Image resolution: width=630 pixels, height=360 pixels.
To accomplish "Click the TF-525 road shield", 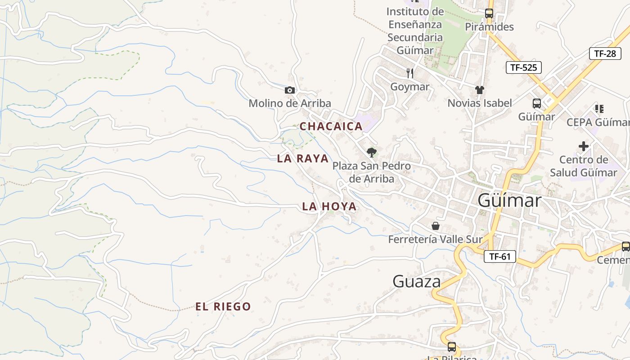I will (523, 68).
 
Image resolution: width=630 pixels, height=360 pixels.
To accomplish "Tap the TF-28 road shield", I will (605, 54).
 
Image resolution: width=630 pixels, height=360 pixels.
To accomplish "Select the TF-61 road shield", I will (499, 256).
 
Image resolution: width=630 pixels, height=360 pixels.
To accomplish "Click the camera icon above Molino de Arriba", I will (290, 90).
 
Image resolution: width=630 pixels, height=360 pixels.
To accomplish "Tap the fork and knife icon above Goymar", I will (409, 73).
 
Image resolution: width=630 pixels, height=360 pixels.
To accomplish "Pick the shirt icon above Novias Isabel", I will (480, 90).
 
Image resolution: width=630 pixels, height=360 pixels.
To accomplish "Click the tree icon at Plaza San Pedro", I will (371, 153).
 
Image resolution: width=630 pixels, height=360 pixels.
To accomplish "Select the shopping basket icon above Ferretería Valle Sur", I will (435, 226).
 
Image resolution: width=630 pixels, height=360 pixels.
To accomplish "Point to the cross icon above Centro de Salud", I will (584, 146).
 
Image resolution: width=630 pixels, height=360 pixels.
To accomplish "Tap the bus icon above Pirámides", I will (489, 13).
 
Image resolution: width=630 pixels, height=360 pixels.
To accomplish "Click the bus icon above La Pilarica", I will (452, 347).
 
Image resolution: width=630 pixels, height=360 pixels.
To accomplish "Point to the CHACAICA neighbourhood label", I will (331, 126).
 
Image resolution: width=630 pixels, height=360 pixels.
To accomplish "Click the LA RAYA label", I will (303, 158).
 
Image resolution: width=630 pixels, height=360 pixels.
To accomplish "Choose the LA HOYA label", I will (329, 207).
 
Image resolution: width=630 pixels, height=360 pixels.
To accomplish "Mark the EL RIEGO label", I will (223, 307).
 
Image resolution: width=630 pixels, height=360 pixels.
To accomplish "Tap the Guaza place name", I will (417, 282).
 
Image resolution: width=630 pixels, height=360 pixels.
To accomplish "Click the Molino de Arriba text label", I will (290, 103).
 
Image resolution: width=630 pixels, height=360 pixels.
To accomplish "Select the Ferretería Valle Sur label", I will (435, 239).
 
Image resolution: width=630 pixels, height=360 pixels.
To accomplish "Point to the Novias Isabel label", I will (480, 103).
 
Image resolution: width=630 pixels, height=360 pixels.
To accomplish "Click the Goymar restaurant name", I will (409, 86).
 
